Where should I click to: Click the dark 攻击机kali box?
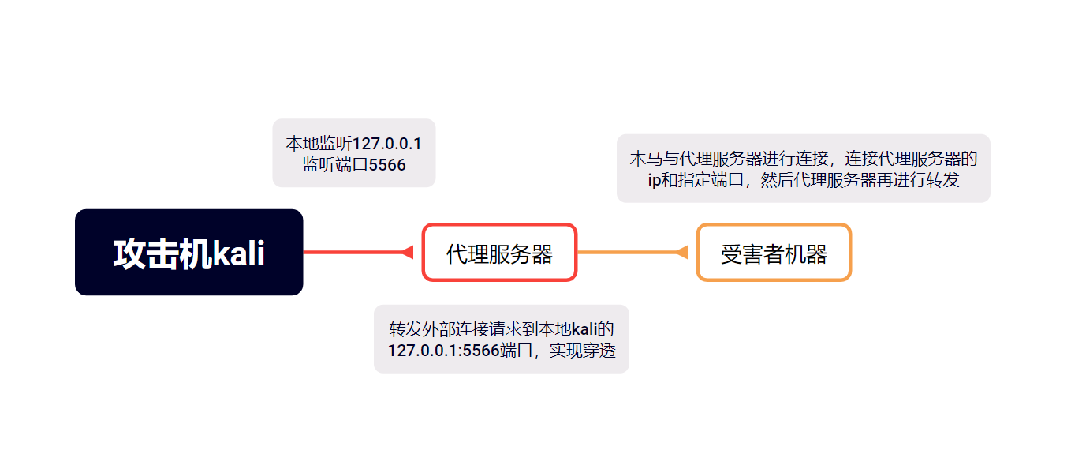188,252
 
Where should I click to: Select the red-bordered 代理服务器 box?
499,253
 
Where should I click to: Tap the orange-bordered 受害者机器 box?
774,253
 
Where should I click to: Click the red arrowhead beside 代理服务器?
408,252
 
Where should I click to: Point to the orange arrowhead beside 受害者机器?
682,252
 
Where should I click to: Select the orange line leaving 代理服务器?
626,252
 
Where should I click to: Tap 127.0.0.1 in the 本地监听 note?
386,144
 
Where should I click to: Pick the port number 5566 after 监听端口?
387,165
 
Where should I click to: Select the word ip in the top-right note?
653,180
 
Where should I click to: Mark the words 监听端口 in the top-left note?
335,165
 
